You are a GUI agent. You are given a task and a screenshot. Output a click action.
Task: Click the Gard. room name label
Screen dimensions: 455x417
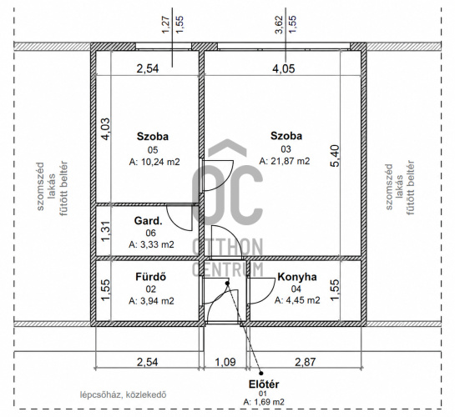(x=149, y=221)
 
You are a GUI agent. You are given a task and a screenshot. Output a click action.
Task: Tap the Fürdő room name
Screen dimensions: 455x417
(x=151, y=277)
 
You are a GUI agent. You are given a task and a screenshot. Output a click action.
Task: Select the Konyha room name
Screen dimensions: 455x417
(x=297, y=277)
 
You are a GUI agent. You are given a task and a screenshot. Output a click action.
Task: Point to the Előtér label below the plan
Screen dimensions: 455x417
(x=264, y=384)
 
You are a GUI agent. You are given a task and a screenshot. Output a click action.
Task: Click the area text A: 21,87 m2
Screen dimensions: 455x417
(x=285, y=161)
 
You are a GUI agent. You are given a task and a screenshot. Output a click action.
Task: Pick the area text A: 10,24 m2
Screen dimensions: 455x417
(x=154, y=162)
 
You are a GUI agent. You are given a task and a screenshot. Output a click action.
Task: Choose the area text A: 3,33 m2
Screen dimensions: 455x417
(x=151, y=244)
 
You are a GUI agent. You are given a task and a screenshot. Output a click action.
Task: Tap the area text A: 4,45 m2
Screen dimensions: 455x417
(x=297, y=300)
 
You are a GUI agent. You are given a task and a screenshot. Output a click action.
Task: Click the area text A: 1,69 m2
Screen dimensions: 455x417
(x=264, y=402)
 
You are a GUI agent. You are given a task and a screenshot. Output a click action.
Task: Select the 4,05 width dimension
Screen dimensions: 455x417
(x=284, y=68)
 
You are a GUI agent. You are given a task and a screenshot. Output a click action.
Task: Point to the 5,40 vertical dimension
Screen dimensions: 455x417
(x=335, y=156)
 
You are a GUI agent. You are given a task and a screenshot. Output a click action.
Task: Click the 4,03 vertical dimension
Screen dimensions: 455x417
(x=105, y=129)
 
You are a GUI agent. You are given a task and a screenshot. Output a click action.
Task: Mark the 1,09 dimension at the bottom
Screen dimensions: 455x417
(x=225, y=362)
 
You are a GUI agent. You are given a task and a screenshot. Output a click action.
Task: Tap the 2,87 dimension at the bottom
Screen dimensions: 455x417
(x=305, y=362)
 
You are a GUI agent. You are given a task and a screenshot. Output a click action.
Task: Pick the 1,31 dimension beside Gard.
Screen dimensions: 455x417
(x=106, y=231)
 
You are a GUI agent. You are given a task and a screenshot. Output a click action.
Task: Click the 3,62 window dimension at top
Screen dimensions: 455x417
(x=279, y=24)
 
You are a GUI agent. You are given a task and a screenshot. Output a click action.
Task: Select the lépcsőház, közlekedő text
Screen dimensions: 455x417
(x=124, y=394)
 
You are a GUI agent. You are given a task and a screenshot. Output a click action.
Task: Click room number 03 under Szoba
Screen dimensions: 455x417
(x=286, y=149)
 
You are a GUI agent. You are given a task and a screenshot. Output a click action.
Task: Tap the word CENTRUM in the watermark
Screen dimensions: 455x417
(x=227, y=269)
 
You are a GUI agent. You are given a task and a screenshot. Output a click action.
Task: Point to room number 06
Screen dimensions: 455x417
(x=151, y=233)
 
